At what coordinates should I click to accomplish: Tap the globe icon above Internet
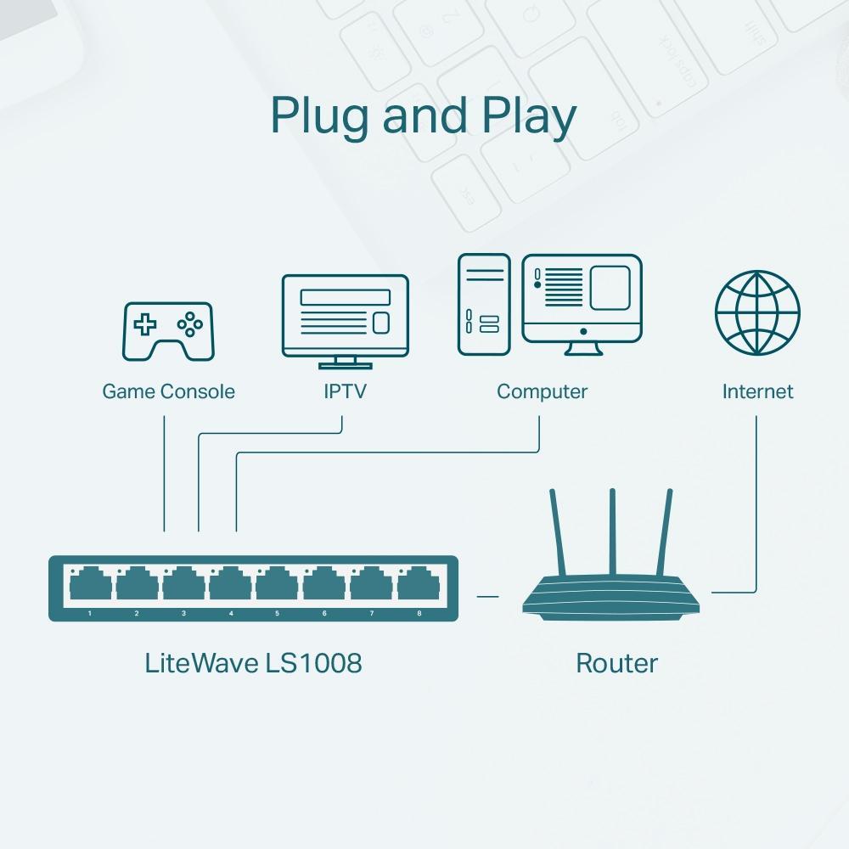pos(756,313)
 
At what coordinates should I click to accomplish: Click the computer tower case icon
pos(484,304)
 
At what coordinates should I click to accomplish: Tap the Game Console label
pos(168,391)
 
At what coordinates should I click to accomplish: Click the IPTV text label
pos(345,391)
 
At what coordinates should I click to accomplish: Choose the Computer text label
pos(542,391)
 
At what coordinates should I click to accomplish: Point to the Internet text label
pos(757,391)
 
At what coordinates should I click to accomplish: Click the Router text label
pos(616,662)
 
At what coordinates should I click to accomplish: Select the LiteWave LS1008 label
pos(253,662)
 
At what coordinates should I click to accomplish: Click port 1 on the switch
pos(90,586)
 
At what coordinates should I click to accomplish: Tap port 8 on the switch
pos(419,586)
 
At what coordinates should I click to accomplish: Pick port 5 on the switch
pos(278,586)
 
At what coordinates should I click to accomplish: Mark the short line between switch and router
pos(487,596)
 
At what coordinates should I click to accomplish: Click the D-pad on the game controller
pos(147,323)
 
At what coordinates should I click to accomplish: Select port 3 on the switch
pos(183,586)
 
